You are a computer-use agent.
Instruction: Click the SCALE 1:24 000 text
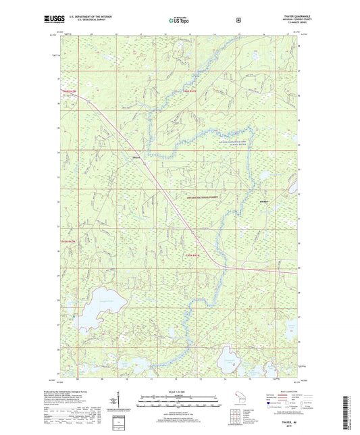(180, 391)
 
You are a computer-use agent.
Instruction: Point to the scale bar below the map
(180, 399)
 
